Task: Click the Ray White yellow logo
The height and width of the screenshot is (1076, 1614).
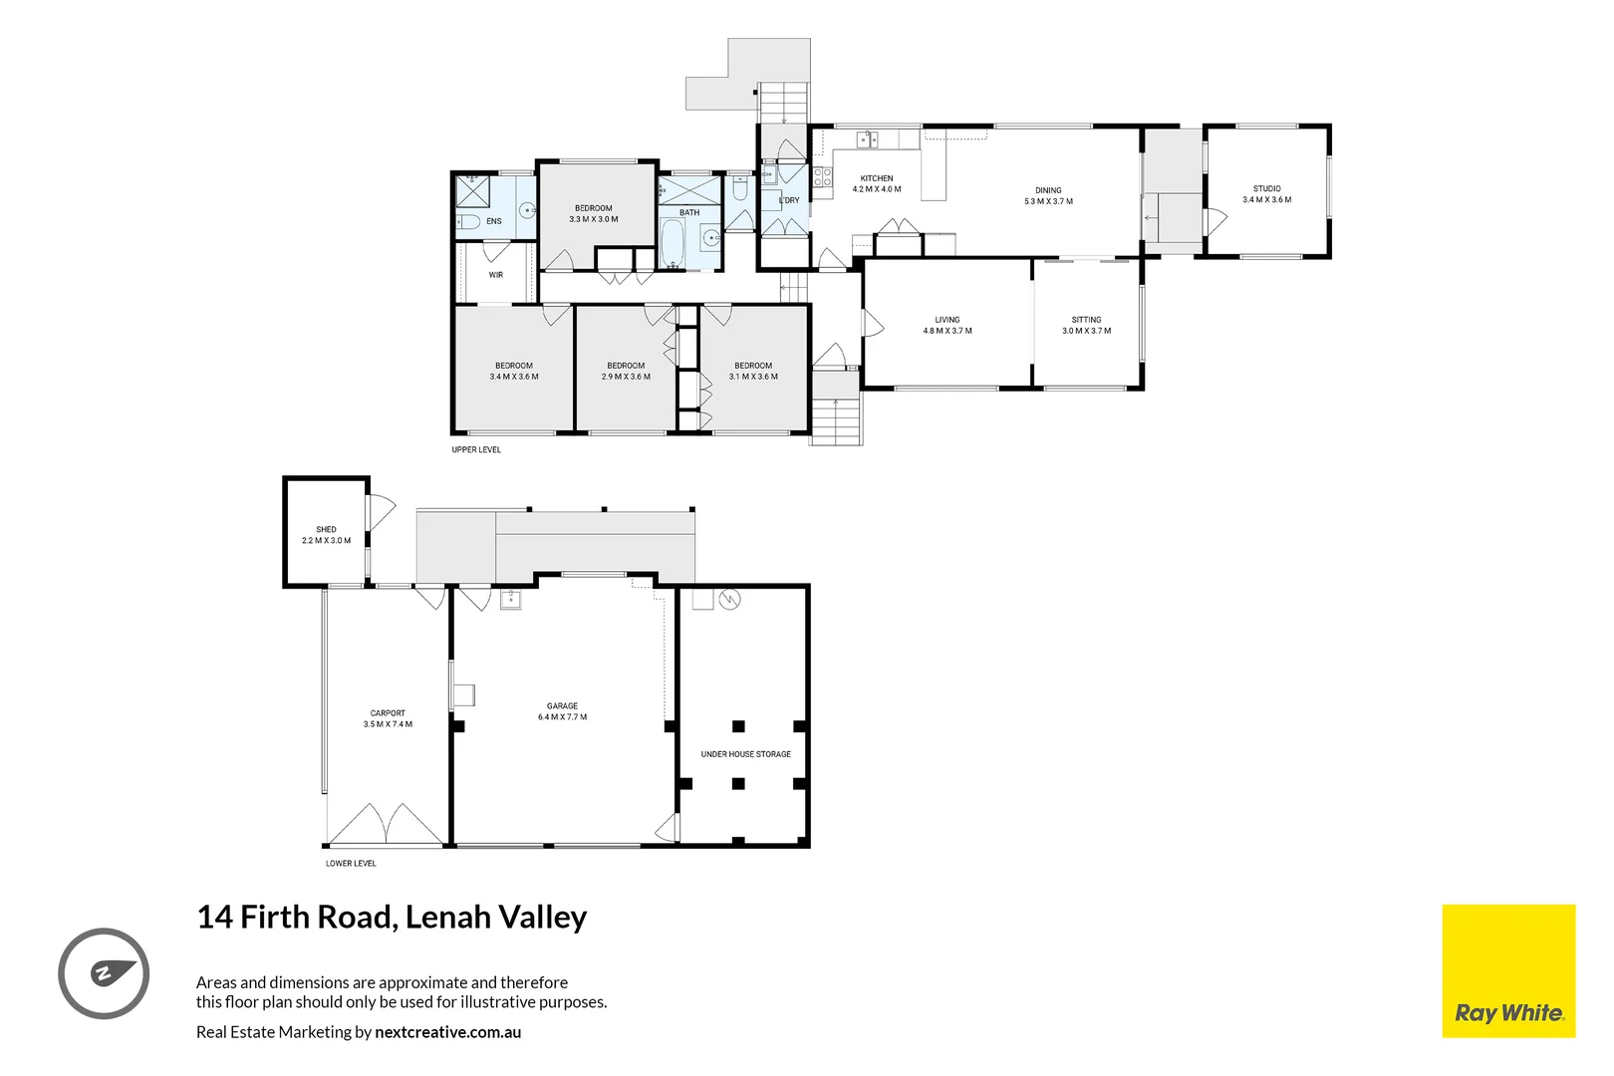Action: pyautogui.click(x=1508, y=970)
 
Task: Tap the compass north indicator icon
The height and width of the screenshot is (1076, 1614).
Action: pyautogui.click(x=104, y=973)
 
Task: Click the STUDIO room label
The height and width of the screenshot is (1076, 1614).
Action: pyautogui.click(x=1266, y=194)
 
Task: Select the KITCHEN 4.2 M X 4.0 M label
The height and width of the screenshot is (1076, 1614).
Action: pyautogui.click(x=877, y=183)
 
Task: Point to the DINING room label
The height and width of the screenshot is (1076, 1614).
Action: pyautogui.click(x=1048, y=195)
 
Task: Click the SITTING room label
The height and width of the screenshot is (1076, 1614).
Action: pyautogui.click(x=1086, y=325)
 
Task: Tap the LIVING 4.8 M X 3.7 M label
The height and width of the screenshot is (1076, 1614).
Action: pyautogui.click(x=947, y=325)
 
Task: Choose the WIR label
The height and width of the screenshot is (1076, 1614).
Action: pyautogui.click(x=496, y=275)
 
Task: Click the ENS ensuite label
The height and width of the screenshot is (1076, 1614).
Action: pyautogui.click(x=494, y=221)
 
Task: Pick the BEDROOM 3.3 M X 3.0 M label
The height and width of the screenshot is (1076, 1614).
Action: pyautogui.click(x=594, y=213)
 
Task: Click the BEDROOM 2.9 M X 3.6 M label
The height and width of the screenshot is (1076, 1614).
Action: pyautogui.click(x=626, y=371)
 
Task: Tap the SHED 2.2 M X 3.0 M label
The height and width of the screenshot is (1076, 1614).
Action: pyautogui.click(x=327, y=535)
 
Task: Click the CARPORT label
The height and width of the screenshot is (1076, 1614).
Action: pyautogui.click(x=388, y=718)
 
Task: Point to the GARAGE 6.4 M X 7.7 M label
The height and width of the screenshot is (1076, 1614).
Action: pyautogui.click(x=562, y=711)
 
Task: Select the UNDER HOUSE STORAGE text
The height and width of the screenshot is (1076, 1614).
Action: pyautogui.click(x=745, y=754)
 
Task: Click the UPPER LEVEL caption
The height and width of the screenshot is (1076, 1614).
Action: pyautogui.click(x=476, y=450)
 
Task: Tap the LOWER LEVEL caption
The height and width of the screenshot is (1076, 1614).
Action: pyautogui.click(x=351, y=864)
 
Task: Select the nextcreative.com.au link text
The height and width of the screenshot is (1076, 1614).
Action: pyautogui.click(x=447, y=1032)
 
